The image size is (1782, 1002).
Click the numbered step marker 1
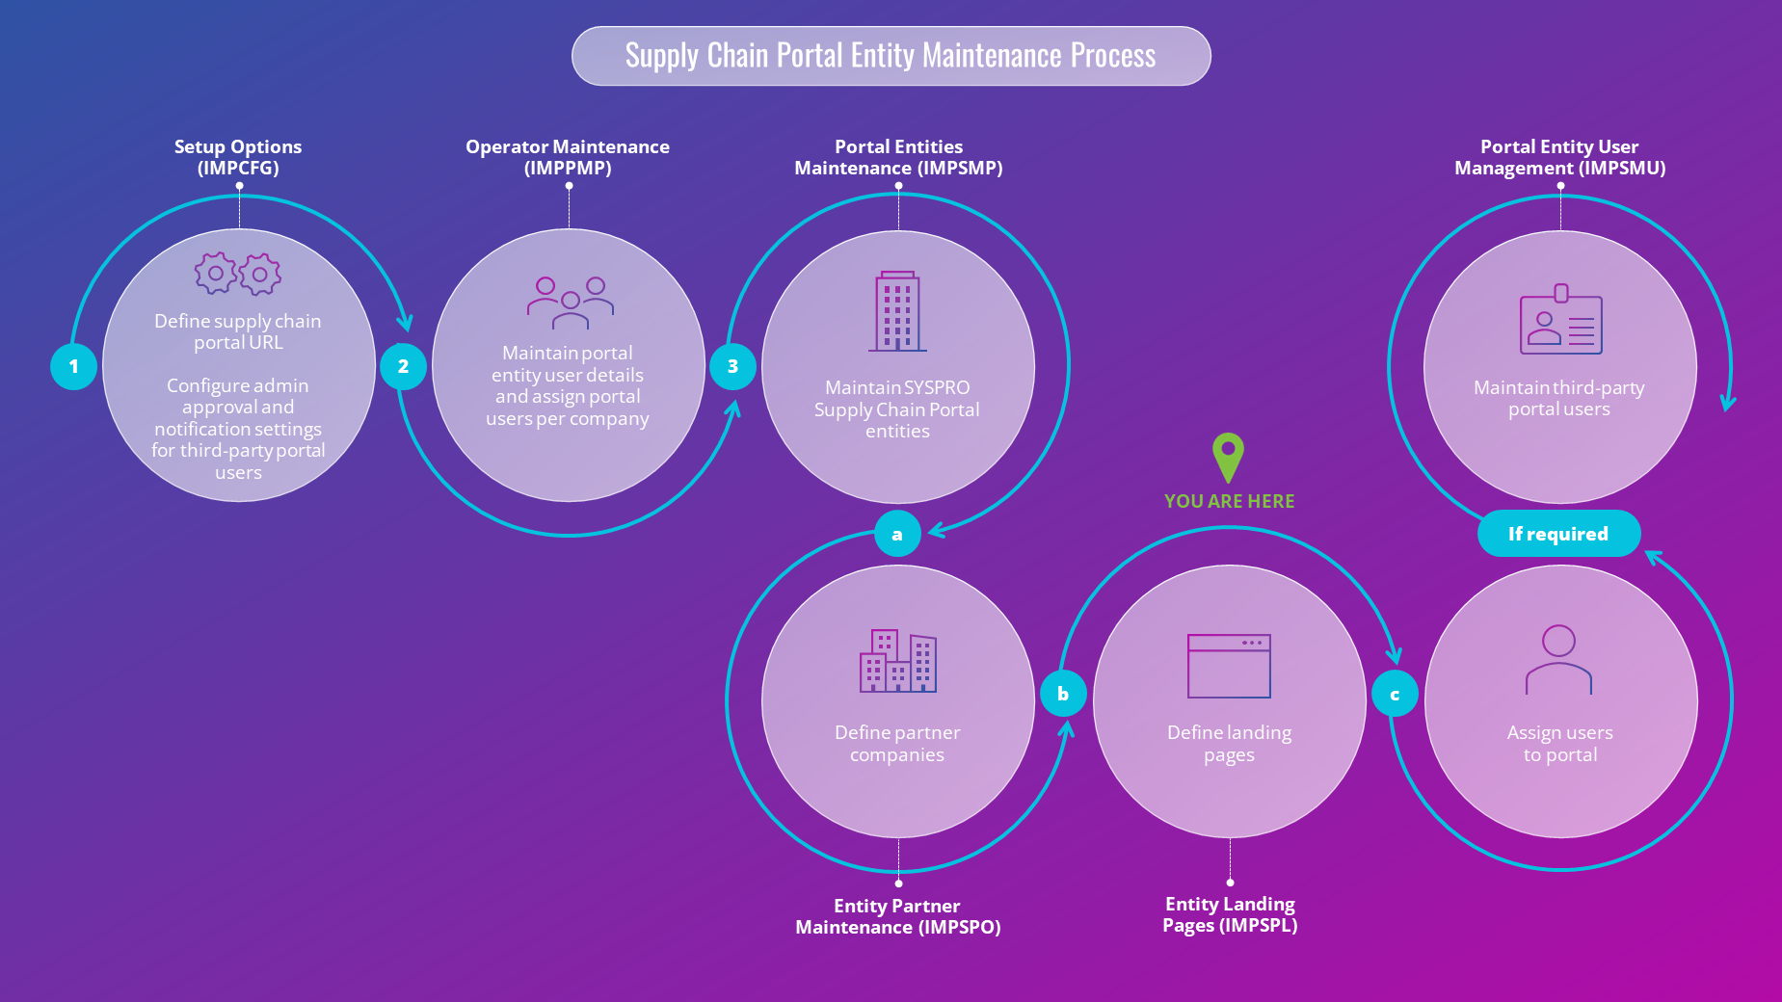(73, 367)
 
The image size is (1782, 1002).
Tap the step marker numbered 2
(403, 367)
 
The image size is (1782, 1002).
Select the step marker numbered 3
(732, 367)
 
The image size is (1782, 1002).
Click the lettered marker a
(897, 534)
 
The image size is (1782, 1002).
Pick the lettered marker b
(1063, 694)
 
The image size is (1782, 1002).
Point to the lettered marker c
(1395, 695)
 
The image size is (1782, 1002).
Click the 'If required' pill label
(1558, 534)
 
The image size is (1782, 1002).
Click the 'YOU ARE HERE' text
(1229, 501)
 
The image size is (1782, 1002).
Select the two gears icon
(238, 275)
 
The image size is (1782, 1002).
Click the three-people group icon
(570, 303)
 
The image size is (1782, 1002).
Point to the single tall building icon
(897, 311)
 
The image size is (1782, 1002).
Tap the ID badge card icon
(1560, 321)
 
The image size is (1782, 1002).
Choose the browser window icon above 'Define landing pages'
(1229, 666)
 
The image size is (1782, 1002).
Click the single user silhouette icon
(1558, 660)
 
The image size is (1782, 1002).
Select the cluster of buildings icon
(897, 661)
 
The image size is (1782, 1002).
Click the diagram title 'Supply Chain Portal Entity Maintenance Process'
(891, 56)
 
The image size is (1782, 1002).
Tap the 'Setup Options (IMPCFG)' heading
(238, 157)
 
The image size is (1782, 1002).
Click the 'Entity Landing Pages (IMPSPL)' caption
(1230, 914)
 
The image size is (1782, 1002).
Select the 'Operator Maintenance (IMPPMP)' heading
(568, 157)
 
